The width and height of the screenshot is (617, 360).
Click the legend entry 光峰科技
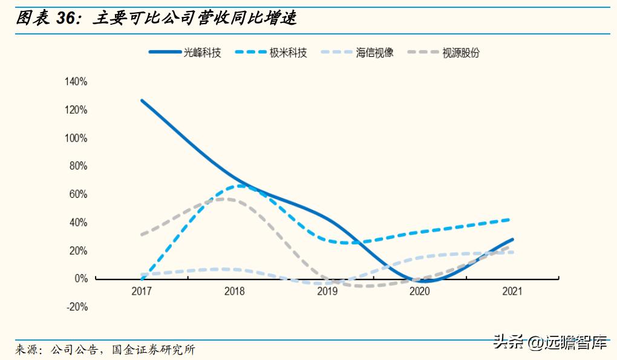point(185,53)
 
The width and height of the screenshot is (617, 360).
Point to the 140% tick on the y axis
point(77,82)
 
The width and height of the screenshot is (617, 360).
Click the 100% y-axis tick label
point(77,138)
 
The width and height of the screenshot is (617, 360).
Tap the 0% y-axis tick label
point(81,279)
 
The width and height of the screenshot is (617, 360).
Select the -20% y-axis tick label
point(77,307)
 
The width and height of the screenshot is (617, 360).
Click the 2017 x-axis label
point(142,292)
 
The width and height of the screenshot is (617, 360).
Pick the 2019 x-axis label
point(327,292)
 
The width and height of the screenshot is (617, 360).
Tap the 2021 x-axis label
point(512,292)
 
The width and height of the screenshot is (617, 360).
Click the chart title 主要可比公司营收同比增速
point(195,18)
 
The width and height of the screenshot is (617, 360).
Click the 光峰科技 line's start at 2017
point(142,100)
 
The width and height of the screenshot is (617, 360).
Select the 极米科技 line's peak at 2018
point(240,186)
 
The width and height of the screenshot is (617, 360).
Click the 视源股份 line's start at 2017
point(142,234)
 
